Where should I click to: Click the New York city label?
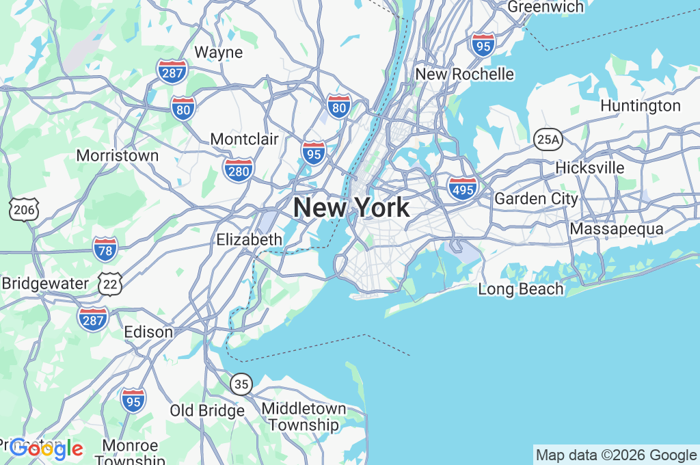(351, 207)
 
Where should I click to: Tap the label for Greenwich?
(546, 7)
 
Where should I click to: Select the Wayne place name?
(219, 52)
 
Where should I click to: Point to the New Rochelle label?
(465, 74)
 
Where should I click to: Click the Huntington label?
(640, 106)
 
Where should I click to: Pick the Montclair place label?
(244, 139)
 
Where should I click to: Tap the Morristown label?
(118, 155)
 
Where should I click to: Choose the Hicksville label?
(590, 168)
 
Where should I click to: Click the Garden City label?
(536, 199)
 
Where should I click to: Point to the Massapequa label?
(617, 229)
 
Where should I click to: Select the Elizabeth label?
(249, 239)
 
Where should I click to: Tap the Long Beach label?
(521, 289)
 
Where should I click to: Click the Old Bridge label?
(207, 411)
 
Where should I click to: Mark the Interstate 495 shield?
(463, 187)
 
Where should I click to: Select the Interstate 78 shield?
(105, 250)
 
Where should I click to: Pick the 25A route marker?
(548, 139)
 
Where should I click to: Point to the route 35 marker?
(241, 384)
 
